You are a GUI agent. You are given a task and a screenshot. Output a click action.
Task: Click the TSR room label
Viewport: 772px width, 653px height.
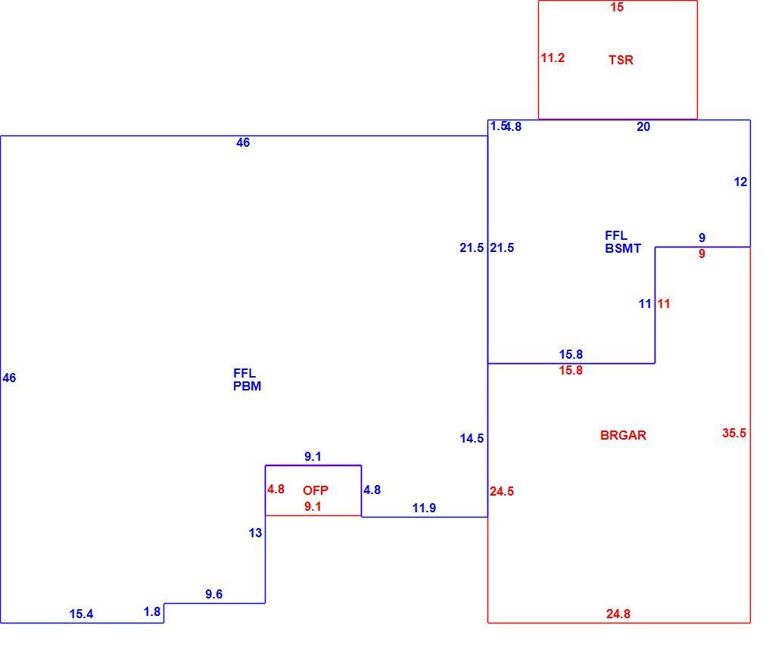[x=621, y=60]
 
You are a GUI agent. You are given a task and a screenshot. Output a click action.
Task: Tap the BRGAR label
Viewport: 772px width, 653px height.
[x=623, y=435]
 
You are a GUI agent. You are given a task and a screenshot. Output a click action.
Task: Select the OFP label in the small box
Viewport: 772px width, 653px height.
[x=315, y=490]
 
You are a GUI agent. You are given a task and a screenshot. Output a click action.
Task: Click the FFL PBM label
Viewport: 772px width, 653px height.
[x=247, y=380]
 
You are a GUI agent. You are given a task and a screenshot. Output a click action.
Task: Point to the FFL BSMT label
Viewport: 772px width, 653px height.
[x=623, y=242]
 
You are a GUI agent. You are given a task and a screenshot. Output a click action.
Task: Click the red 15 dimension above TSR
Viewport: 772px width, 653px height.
[x=616, y=8]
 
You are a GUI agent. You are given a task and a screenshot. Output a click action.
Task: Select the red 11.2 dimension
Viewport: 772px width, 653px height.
[x=553, y=58]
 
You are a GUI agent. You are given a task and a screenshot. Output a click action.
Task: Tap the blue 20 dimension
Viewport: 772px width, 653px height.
[x=643, y=127]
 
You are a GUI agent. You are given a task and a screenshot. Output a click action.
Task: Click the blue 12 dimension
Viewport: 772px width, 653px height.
[x=740, y=182]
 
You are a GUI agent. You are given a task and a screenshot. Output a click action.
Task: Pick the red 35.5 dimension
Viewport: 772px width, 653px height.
[x=733, y=433]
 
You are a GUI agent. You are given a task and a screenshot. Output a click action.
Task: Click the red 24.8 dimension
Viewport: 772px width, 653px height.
[x=618, y=614]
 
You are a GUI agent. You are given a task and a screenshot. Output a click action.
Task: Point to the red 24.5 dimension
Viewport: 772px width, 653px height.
[x=502, y=491]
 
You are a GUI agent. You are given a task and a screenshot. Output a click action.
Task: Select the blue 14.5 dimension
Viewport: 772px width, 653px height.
[x=472, y=438]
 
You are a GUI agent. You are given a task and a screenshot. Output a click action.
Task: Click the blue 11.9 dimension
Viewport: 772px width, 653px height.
[x=424, y=508]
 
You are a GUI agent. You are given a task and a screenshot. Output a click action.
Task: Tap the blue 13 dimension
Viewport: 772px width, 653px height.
[x=255, y=533]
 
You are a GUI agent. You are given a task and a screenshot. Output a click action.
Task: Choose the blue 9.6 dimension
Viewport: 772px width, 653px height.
[x=213, y=594]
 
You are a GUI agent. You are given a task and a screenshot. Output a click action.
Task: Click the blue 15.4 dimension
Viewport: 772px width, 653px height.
[x=81, y=614]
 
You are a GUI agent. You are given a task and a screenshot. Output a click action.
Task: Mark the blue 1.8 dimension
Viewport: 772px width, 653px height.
[x=151, y=611]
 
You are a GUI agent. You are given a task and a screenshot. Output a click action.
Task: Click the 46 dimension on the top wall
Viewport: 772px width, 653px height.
[x=243, y=143]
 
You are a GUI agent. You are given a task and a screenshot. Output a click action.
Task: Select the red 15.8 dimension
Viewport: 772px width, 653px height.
[x=571, y=370]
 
